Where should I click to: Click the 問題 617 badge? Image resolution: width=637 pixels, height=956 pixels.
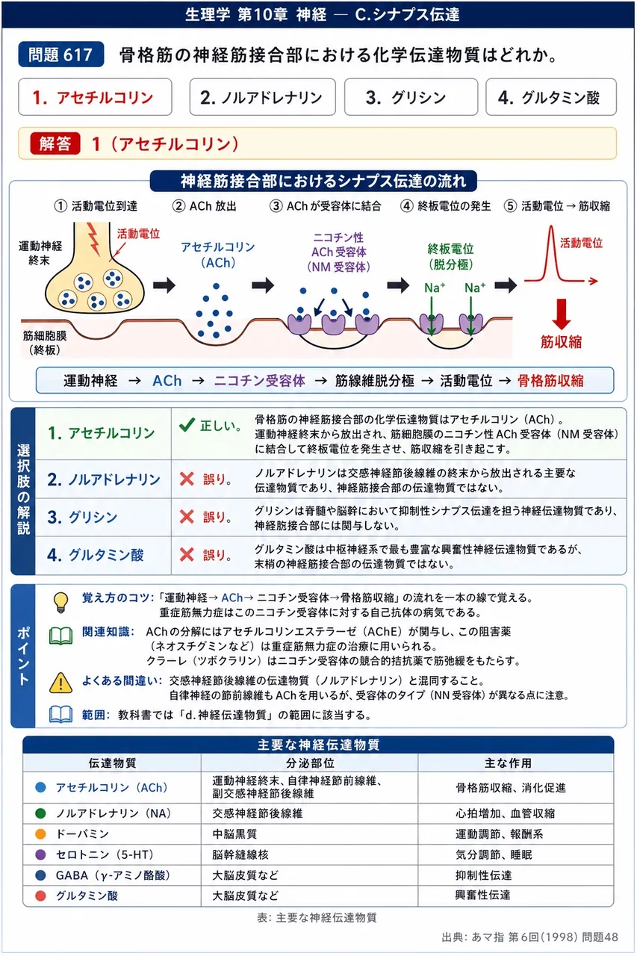pos(61,55)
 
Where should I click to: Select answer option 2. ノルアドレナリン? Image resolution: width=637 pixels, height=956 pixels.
pos(262,97)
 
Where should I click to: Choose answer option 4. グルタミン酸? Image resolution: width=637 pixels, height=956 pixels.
pos(551,97)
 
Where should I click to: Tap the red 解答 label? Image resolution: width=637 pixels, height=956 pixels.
pos(55,143)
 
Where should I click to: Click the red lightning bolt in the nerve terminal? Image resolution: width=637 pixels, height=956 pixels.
pos(93,238)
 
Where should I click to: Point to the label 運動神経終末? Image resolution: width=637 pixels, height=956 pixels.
pos(40,253)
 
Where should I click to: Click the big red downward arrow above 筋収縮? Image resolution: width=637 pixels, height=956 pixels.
pos(562,314)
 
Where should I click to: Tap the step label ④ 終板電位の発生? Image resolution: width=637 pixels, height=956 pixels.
pos(445,206)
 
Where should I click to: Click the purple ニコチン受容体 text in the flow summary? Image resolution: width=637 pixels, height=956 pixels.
pos(259,380)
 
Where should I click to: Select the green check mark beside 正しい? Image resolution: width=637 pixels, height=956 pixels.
pos(187,425)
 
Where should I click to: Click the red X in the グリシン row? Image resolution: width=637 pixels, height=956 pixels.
pos(187,517)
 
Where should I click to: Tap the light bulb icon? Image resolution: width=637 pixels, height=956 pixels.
pos(60,602)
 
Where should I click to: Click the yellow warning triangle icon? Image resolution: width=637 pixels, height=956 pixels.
pos(60,683)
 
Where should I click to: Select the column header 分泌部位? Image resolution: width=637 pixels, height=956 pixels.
pos(310,763)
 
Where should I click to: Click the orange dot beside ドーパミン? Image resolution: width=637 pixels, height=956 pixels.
pos(40,834)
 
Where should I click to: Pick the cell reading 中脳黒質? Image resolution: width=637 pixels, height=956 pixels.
pos(234,834)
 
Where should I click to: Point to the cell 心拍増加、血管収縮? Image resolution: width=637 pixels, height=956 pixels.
pos(505,813)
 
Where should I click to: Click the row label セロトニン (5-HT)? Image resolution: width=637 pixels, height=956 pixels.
pos(105,854)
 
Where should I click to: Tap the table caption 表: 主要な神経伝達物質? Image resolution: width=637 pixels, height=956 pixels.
pos(317,917)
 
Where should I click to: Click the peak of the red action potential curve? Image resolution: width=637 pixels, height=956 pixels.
pos(551,226)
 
